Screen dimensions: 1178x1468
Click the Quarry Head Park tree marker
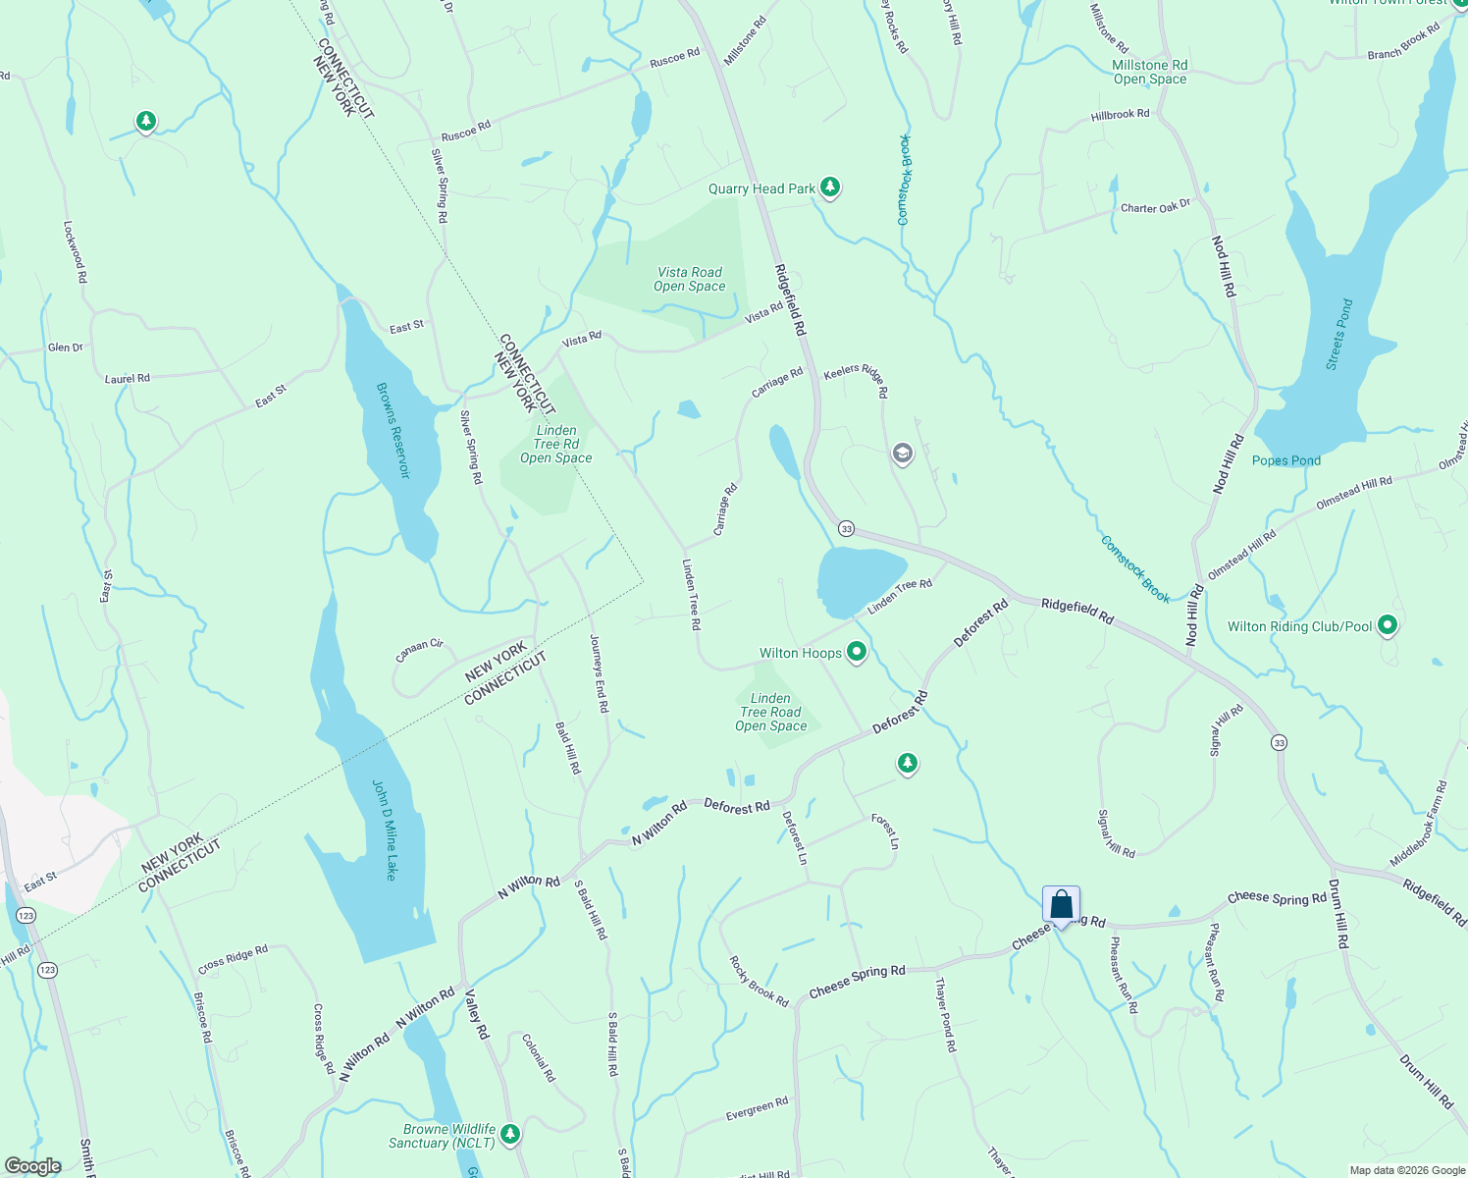point(830,187)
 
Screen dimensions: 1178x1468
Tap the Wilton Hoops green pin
point(857,651)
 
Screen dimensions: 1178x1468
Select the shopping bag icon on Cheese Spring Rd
point(1061,904)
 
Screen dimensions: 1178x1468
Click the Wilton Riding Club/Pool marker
point(1387,624)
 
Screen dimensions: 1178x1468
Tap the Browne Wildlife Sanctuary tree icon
point(509,1134)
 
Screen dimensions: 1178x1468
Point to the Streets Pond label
point(1338,334)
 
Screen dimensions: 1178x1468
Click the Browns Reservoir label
point(393,430)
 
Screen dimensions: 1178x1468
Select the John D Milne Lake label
point(385,830)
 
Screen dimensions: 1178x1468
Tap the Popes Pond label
point(1286,460)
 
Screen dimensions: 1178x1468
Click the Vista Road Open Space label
point(690,280)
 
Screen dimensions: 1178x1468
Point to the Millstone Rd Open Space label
point(1150,72)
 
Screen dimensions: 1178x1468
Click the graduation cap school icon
point(902,454)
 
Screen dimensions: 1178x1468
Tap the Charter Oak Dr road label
point(1155,207)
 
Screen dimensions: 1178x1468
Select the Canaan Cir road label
point(419,650)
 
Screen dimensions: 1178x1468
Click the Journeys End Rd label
point(599,672)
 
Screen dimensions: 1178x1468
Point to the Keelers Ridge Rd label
point(857,379)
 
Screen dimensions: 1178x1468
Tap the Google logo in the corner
point(32,1166)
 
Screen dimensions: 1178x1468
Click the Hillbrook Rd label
point(1120,115)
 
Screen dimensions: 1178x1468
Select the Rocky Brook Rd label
point(759,982)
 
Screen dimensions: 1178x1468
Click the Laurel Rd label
point(128,378)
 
